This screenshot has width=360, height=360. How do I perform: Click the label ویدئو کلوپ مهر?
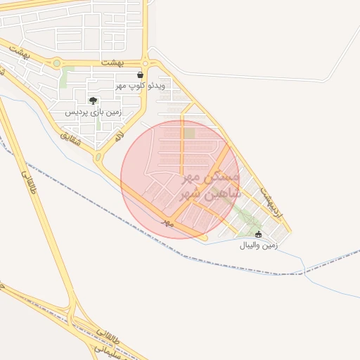[140, 85]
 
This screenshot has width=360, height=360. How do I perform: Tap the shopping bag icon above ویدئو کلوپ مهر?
[141, 75]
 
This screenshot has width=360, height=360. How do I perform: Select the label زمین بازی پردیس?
[94, 112]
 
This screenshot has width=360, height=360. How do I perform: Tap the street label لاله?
[120, 134]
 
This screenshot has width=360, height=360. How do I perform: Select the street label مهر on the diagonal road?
[167, 221]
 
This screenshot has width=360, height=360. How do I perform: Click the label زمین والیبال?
[259, 245]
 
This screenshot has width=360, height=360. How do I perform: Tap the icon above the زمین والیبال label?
[258, 234]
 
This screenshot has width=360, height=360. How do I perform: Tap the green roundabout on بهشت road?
[56, 63]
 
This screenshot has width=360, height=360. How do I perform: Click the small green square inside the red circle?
[188, 133]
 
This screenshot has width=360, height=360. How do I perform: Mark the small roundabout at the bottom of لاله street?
[98, 157]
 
